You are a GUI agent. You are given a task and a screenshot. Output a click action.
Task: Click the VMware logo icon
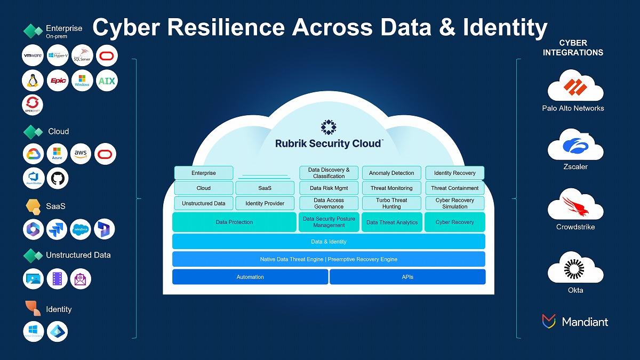coord(33,55)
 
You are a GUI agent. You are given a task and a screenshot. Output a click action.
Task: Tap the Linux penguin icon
coord(33,81)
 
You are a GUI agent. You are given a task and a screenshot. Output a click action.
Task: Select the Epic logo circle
coord(58,81)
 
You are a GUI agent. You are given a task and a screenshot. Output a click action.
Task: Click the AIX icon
coord(107,81)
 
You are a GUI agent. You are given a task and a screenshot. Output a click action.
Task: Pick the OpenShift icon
coord(33,105)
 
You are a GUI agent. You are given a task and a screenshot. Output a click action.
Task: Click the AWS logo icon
coord(81,154)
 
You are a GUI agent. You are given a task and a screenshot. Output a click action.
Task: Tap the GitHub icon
coord(58,178)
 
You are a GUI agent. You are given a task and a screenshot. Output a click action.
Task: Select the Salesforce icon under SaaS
coord(81,229)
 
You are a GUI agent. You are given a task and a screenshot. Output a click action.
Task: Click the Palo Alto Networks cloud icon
coord(575,87)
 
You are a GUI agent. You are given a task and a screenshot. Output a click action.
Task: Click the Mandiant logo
coord(575,321)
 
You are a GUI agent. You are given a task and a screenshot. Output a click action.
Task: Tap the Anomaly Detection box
coord(391,173)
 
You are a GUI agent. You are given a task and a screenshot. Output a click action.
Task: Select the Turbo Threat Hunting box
coord(391,203)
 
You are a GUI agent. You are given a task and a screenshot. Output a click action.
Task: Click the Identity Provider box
coord(265,203)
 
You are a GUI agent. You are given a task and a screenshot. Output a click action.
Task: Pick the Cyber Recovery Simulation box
coord(454,203)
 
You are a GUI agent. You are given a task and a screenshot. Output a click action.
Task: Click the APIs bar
coord(407,277)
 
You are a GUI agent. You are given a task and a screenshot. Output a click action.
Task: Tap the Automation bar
coord(250,277)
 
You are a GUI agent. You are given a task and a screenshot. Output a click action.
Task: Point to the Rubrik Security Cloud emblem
coord(329,127)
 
